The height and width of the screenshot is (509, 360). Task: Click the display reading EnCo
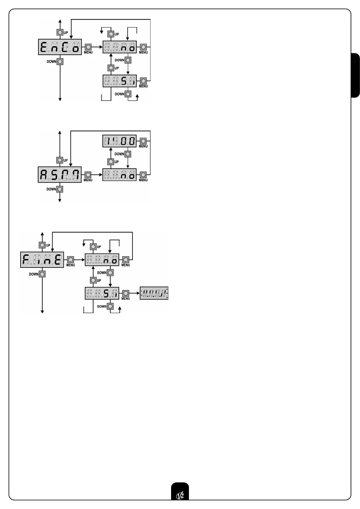[60, 47]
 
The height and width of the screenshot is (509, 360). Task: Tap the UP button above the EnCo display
[60, 32]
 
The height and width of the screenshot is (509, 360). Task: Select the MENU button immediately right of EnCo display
[88, 47]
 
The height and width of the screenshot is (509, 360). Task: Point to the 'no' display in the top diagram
[120, 47]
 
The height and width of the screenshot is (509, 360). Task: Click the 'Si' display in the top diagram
[120, 81]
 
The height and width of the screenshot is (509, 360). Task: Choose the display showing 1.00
[119, 141]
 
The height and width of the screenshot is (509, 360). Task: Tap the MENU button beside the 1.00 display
[143, 141]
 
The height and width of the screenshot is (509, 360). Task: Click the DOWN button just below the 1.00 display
[128, 154]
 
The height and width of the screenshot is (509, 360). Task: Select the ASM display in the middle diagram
[60, 174]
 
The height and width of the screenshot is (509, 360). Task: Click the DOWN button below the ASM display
[60, 189]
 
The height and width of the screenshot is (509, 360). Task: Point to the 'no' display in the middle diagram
[119, 175]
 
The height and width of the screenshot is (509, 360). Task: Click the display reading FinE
[42, 260]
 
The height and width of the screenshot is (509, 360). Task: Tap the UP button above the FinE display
[42, 245]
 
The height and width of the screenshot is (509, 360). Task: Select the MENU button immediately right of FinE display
[70, 260]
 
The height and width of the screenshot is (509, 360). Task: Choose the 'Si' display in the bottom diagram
[102, 293]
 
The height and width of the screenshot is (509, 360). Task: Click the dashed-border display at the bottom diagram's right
[154, 293]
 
